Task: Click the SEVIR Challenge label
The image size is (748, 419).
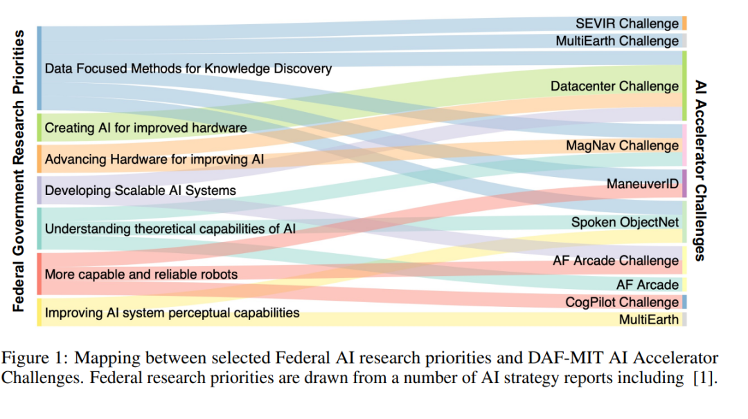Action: pos(627,24)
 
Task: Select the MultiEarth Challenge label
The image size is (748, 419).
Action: pos(617,41)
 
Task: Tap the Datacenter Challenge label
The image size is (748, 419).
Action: pos(614,86)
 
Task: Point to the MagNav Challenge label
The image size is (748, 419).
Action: pos(622,146)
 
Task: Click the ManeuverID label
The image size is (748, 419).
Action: pos(643,184)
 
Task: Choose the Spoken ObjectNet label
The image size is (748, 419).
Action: pos(625,223)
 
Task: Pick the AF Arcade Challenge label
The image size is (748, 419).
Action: pos(616,261)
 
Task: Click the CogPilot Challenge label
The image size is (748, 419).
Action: pos(622,302)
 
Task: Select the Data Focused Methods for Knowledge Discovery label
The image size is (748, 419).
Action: pos(188,68)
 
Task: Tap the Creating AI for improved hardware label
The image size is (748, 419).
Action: pos(145,128)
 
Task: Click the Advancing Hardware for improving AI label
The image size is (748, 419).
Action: pos(154,159)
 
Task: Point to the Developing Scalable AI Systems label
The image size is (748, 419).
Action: pos(141,190)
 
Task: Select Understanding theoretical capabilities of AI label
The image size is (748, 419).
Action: pos(170,228)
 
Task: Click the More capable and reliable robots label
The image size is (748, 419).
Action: pos(141,274)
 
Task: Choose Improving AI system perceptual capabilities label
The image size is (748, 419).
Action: pos(172,313)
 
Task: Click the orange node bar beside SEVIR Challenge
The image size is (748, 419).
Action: pos(684,24)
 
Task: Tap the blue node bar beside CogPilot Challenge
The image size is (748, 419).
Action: pos(684,302)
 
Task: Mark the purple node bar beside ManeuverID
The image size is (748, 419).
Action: pos(684,184)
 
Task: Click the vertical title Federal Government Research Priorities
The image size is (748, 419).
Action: pos(19,170)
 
